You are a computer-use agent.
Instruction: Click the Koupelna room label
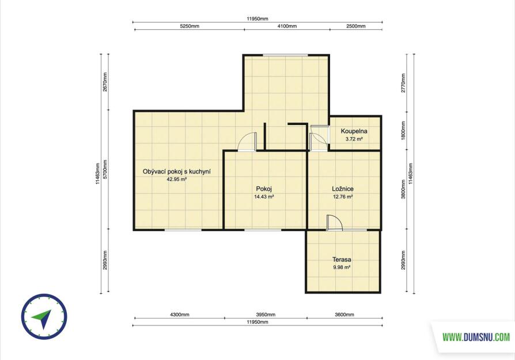pos(354,131)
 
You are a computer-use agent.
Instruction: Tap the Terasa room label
pos(342,260)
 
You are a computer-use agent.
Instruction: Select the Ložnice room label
pos(343,189)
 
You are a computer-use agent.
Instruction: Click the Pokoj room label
pos(264,189)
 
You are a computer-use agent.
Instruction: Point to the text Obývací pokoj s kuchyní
pos(177,172)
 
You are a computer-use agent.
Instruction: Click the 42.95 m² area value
pos(177,179)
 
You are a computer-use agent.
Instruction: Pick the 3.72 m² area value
pos(354,139)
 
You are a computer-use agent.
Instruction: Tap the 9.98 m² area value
pos(342,267)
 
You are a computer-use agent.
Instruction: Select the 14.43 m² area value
pos(264,197)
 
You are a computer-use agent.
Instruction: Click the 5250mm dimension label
pos(190,26)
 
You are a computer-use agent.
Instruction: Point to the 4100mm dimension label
pos(287,26)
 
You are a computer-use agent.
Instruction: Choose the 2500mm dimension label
pos(356,26)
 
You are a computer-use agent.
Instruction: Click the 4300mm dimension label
pos(180,314)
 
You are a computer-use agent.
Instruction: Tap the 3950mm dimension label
pos(266,314)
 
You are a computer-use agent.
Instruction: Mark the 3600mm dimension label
pos(344,314)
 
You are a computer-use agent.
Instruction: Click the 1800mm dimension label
pos(403,130)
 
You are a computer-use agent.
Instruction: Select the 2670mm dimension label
pos(105,82)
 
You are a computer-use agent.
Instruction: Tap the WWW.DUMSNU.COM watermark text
pos(476,337)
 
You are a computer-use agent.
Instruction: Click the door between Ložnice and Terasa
pos(335,223)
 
